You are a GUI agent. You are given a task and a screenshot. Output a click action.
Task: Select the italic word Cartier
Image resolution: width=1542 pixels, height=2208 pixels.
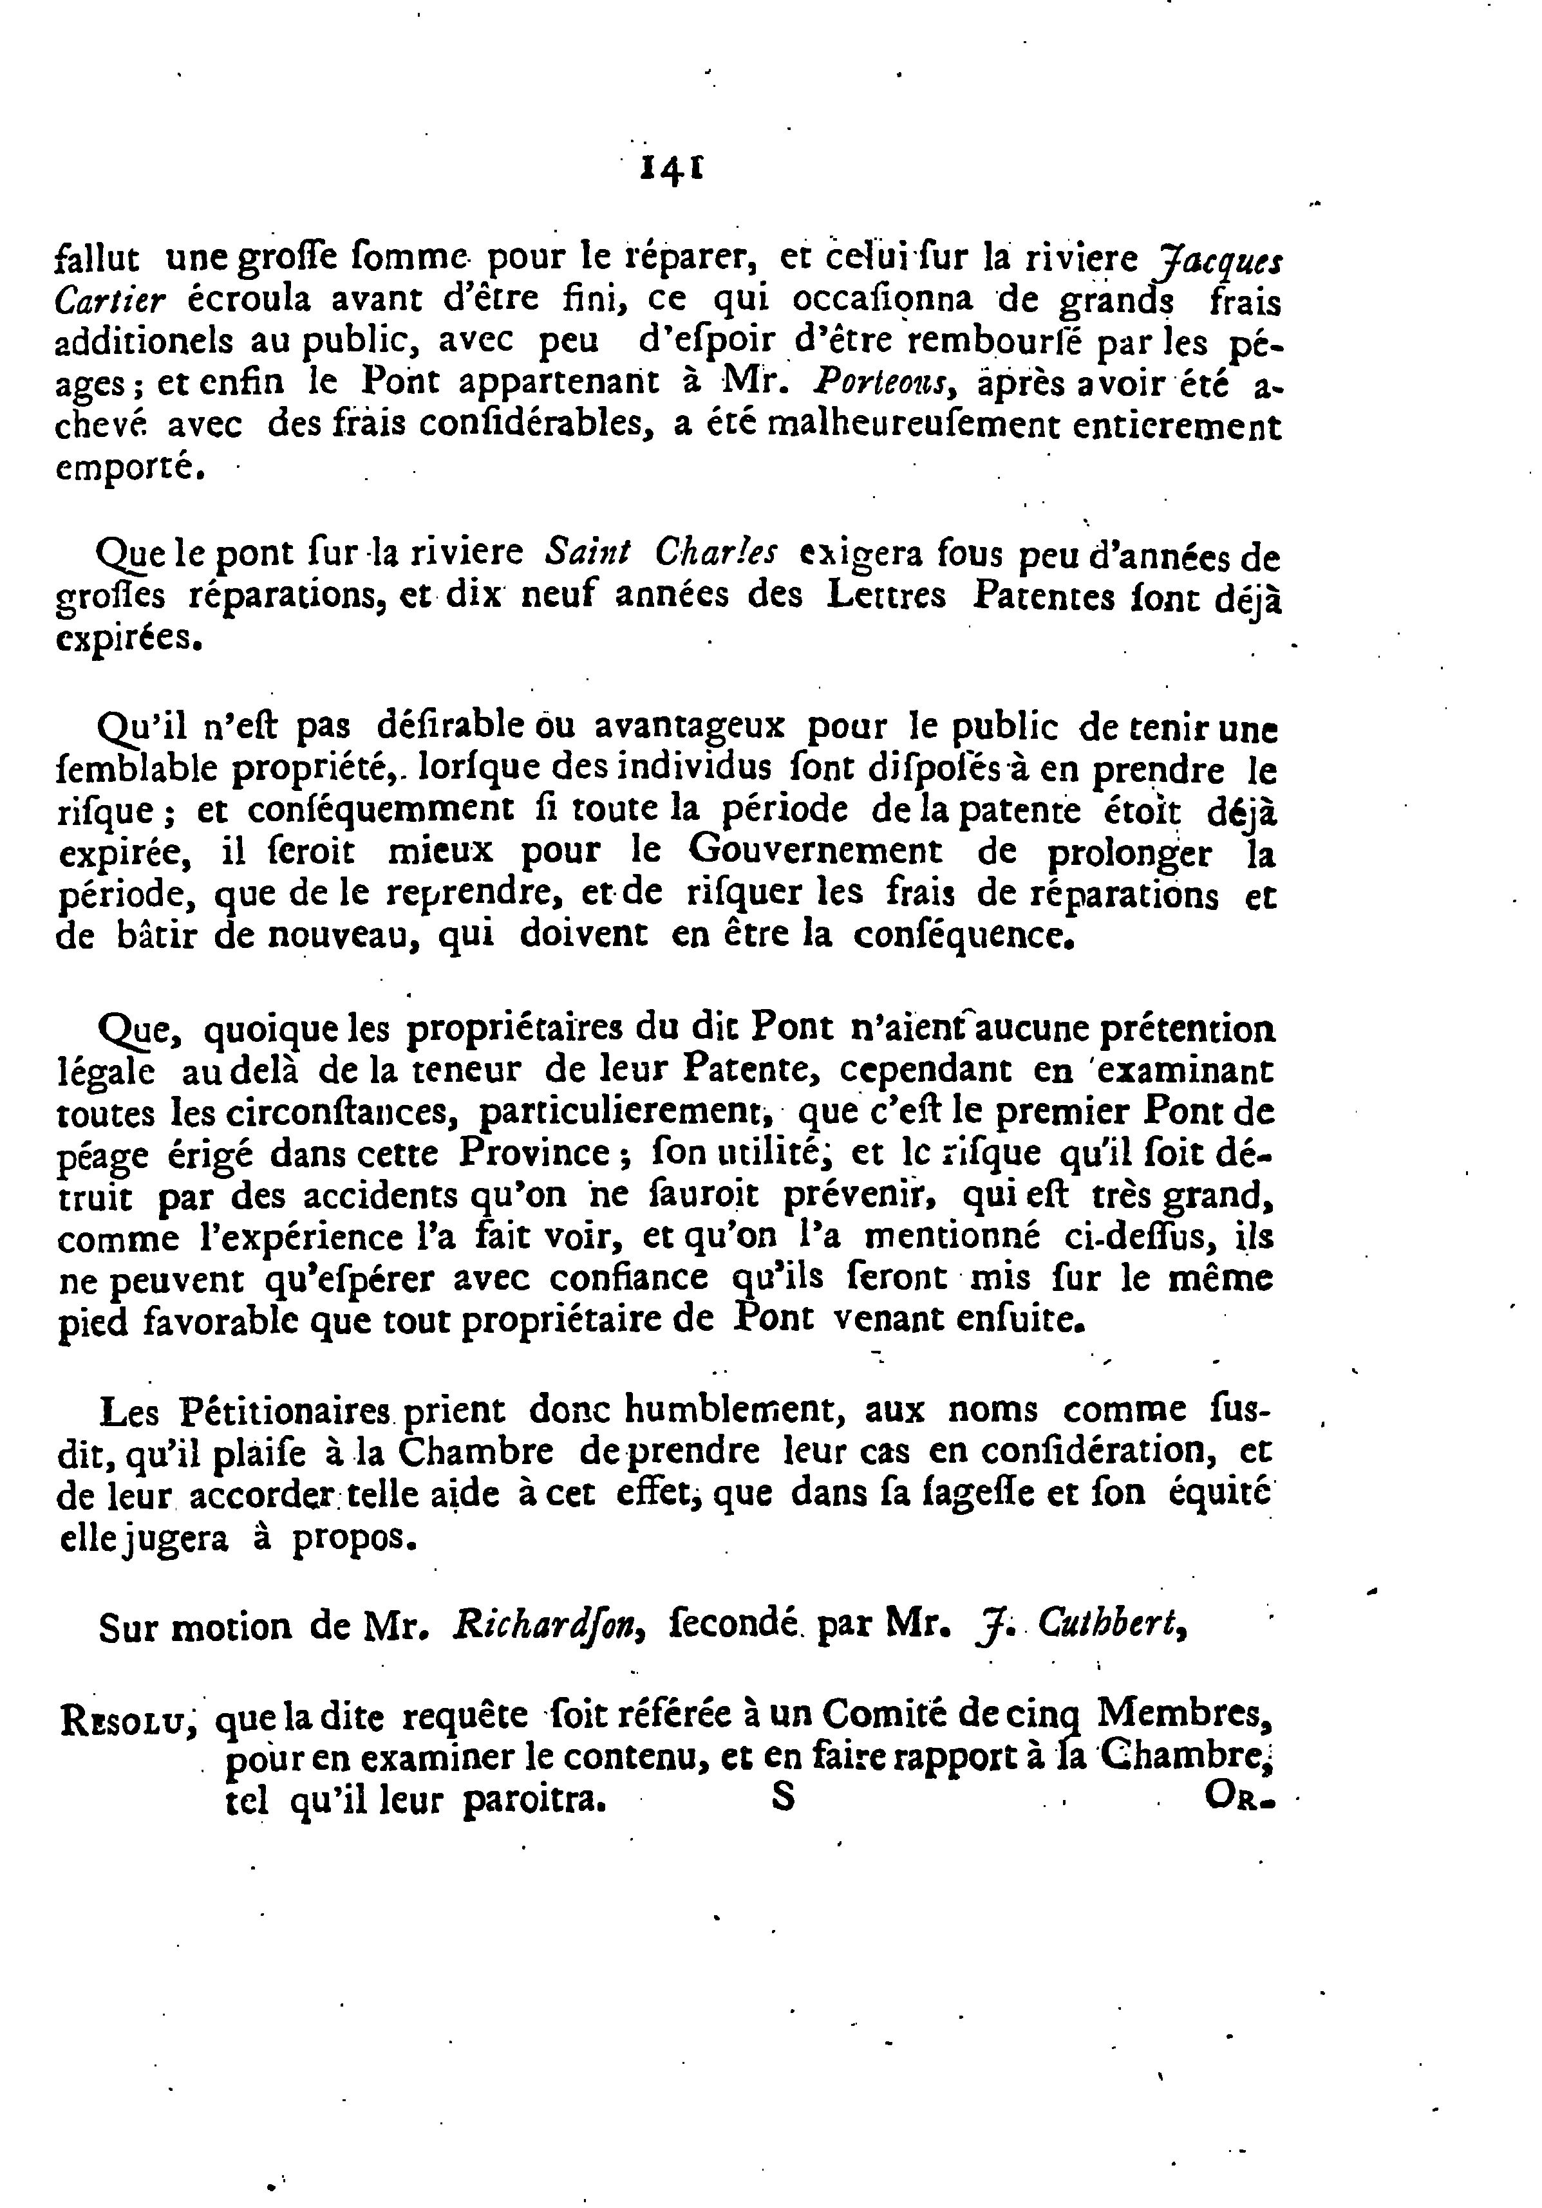pyautogui.click(x=111, y=301)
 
